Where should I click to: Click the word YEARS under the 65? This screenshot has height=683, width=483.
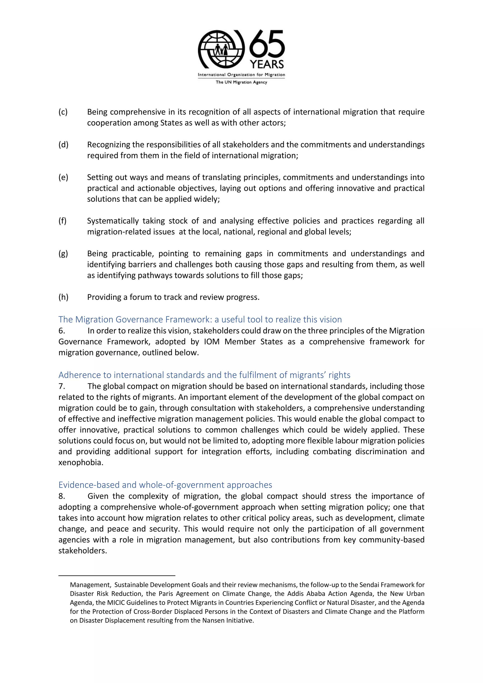point(267,64)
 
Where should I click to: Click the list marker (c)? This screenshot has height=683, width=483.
point(63,112)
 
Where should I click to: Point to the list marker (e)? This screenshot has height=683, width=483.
point(63,178)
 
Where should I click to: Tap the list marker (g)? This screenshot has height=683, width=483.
point(63,254)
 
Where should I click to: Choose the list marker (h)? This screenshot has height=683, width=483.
point(63,297)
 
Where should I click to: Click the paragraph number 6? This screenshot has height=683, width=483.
point(61,331)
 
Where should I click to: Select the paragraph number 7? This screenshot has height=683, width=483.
point(61,386)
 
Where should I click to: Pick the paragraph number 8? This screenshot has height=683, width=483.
point(61,496)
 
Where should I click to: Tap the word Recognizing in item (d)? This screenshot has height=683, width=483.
point(109,145)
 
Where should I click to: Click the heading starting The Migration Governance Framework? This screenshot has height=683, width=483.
point(200,319)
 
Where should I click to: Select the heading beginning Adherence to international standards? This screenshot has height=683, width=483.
point(204,375)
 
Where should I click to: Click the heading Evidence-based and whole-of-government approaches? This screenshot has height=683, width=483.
point(165,485)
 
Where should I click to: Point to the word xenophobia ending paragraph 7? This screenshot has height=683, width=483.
point(80,463)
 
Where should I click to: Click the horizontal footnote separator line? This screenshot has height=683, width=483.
point(117,576)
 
